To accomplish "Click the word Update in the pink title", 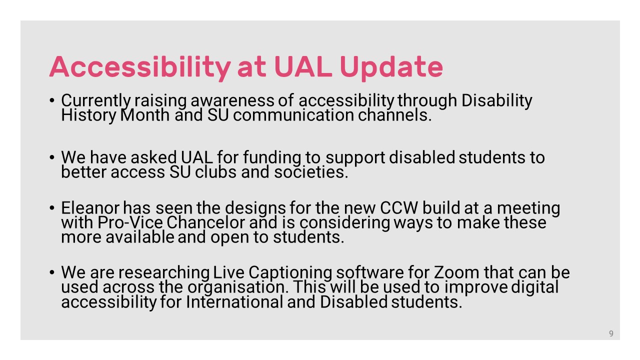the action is [x=391, y=67].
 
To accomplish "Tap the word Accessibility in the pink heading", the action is [x=140, y=67].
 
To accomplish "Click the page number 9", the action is [x=611, y=333].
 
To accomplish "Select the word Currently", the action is [x=96, y=100].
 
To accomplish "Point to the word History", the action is [x=89, y=115].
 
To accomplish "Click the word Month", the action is [x=145, y=115].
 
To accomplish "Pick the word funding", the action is [x=272, y=157].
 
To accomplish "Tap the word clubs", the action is [x=216, y=172].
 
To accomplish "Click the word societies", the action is [x=311, y=172].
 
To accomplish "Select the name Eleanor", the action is [x=90, y=207].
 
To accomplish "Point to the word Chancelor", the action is [x=205, y=222].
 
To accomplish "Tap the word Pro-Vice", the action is [x=130, y=222].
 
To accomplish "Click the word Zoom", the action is [x=456, y=272].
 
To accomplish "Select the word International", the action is [x=234, y=302].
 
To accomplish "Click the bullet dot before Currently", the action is [x=51, y=100].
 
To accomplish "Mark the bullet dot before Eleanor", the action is [x=51, y=207].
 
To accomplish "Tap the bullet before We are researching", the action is [x=51, y=272].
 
